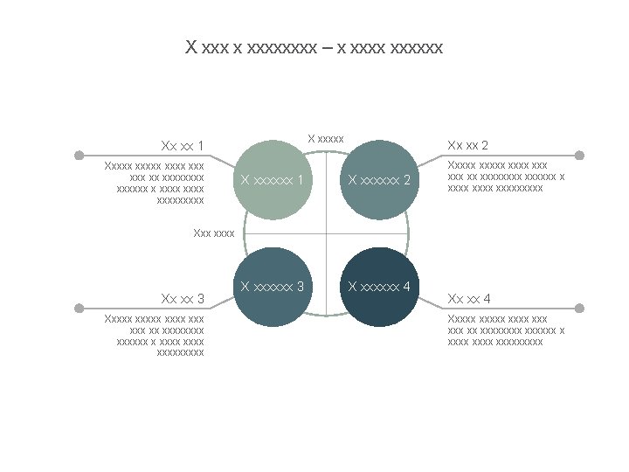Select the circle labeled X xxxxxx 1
273,179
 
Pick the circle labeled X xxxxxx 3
273,288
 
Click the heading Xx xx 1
183,145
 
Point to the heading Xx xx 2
467,145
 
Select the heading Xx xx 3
183,299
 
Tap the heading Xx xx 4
467,299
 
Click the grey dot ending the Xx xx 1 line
79,155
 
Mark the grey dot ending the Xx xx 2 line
580,155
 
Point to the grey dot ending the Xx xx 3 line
79,309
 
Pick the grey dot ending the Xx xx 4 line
580,309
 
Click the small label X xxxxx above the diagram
327,138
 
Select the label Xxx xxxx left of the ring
214,233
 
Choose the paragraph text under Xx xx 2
505,176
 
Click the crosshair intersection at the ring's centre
326,233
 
